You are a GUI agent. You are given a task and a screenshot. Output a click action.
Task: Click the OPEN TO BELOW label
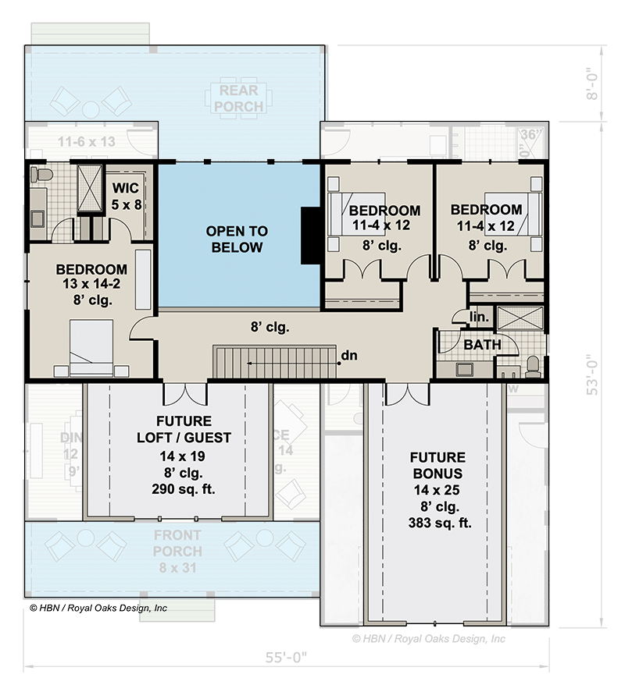pyautogui.click(x=237, y=240)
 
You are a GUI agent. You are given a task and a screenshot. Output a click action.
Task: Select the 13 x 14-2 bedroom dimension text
pyautogui.click(x=91, y=284)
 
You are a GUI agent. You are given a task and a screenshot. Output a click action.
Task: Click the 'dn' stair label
pyautogui.click(x=349, y=357)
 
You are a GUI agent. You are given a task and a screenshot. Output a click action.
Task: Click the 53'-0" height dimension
pyautogui.click(x=595, y=374)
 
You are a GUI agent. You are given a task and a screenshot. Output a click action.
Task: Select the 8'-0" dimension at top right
pyautogui.click(x=595, y=83)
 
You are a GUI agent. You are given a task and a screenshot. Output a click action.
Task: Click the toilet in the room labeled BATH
pyautogui.click(x=534, y=364)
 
